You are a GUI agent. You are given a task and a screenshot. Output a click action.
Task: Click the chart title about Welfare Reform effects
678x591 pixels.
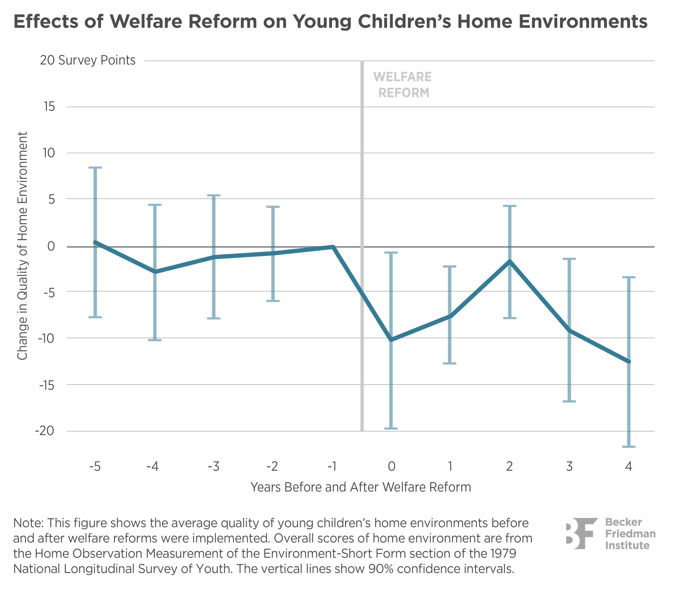(330, 22)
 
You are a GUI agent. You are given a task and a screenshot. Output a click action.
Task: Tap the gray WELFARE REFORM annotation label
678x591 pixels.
(403, 85)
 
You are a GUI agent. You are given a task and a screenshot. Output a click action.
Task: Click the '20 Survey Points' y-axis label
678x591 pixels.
(87, 60)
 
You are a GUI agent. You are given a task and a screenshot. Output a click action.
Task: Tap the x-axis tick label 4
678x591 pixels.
(629, 467)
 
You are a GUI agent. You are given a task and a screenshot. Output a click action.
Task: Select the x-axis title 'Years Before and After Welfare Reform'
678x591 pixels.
(361, 487)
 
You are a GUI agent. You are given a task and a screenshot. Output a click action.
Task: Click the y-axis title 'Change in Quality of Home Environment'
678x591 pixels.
(22, 246)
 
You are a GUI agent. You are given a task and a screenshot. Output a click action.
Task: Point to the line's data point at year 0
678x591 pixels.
(391, 339)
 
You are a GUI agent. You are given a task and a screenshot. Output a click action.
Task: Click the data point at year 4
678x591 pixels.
(629, 361)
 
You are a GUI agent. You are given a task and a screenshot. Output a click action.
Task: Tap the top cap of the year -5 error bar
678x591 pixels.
(95, 168)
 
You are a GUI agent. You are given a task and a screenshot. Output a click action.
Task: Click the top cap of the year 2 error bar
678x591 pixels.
(510, 206)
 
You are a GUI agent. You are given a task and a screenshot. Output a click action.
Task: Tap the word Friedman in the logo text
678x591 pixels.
(630, 534)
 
